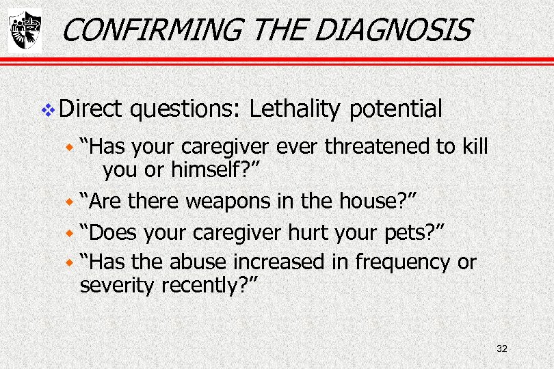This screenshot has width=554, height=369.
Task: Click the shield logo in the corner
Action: click(x=25, y=31)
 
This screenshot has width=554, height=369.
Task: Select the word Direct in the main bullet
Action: click(x=90, y=108)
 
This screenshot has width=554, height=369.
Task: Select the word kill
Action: click(x=472, y=147)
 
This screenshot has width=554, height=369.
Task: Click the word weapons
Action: click(x=227, y=202)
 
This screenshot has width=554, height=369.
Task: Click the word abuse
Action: click(x=198, y=262)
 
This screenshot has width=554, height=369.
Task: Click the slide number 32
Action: click(x=501, y=349)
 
